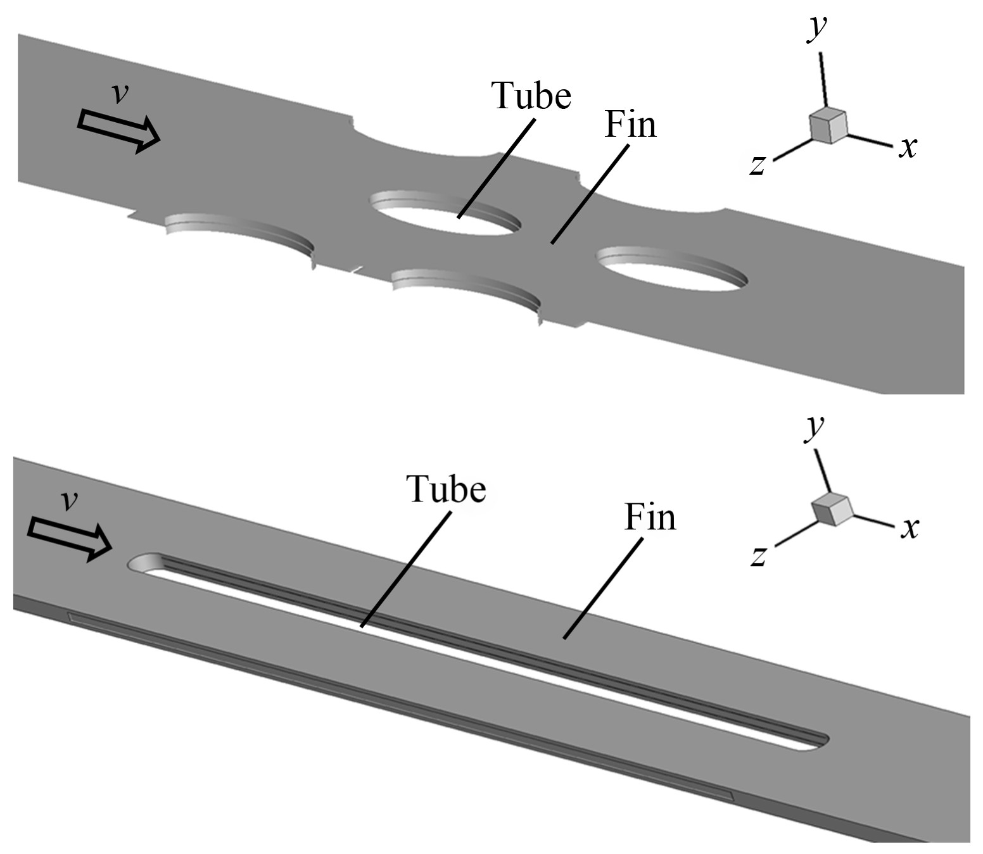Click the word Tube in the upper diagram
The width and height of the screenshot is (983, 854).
coord(531,96)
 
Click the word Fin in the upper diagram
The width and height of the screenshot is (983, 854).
coord(630,124)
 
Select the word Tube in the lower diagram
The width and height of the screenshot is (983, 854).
coord(446,489)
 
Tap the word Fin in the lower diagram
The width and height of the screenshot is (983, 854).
coord(650,517)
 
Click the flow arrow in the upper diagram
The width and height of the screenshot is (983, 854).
coord(118,130)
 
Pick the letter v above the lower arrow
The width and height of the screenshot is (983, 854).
coord(69,501)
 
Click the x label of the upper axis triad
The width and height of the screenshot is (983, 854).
coord(908,148)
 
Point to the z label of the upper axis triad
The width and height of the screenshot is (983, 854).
coord(758,165)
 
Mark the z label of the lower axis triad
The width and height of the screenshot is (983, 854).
coord(759,556)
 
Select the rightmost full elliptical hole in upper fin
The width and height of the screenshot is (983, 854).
coord(673,271)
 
